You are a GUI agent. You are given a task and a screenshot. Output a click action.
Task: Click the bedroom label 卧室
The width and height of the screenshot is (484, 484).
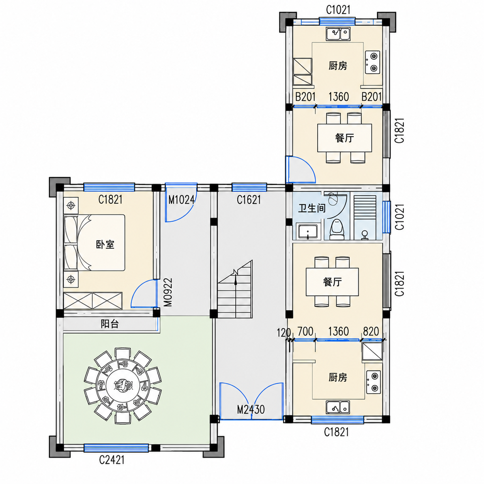pyautogui.click(x=105, y=244)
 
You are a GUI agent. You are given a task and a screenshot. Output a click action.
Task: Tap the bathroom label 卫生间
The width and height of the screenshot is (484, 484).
pyautogui.click(x=312, y=208)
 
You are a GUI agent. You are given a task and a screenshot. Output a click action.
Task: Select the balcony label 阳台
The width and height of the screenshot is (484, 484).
pyautogui.click(x=110, y=324)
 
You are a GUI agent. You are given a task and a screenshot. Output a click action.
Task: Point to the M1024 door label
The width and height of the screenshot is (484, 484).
pyautogui.click(x=181, y=200)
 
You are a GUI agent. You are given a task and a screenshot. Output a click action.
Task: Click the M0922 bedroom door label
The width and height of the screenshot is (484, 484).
pyautogui.click(x=168, y=292)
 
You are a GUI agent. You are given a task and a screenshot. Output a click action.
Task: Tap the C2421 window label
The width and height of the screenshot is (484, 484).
pyautogui.click(x=112, y=460)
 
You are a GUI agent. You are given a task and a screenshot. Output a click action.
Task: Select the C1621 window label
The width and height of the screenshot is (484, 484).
pyautogui.click(x=249, y=200)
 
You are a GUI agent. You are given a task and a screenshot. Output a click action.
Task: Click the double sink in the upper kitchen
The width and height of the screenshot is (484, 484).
pyautogui.click(x=338, y=34)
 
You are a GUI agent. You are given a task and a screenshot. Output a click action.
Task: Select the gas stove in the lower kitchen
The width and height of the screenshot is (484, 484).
pyautogui.click(x=373, y=382)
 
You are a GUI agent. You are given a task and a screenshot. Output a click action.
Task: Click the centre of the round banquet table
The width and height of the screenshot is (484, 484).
pyautogui.click(x=123, y=384)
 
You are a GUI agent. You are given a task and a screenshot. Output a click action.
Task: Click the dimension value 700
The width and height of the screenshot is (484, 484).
pyautogui.click(x=305, y=332)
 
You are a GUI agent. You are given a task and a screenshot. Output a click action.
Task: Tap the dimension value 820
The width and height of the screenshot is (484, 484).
pyautogui.click(x=371, y=332)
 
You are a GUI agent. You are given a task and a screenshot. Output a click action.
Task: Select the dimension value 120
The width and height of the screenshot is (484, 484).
pyautogui.click(x=284, y=333)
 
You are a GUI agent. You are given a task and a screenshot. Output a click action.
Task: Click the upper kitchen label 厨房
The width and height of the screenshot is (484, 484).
pyautogui.click(x=338, y=66)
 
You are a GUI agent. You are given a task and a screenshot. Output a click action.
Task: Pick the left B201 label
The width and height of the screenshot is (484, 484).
pyautogui.click(x=305, y=97)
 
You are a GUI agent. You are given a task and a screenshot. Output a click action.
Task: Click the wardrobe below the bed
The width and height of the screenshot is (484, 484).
pyautogui.click(x=93, y=301)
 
